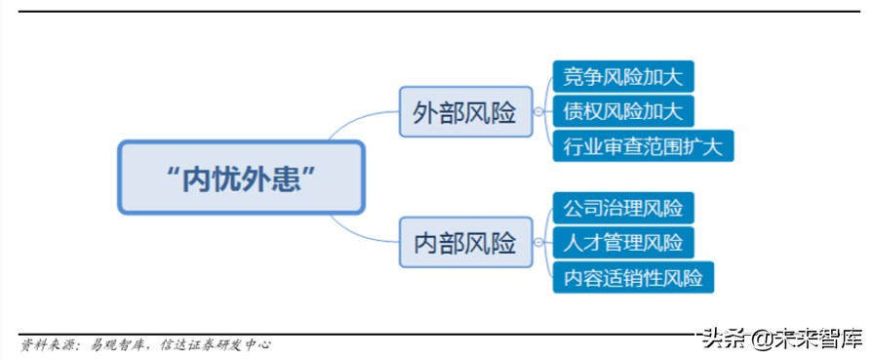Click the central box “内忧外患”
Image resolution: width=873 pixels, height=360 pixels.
pyautogui.click(x=241, y=177)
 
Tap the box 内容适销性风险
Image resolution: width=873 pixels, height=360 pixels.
pyautogui.click(x=632, y=276)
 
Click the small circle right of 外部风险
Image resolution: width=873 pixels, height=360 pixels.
pyautogui.click(x=537, y=112)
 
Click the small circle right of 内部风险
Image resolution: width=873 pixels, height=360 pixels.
pyautogui.click(x=537, y=242)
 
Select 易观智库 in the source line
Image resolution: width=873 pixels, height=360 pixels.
pyautogui.click(x=119, y=344)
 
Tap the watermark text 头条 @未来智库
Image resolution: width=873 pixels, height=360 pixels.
pyautogui.click(x=780, y=339)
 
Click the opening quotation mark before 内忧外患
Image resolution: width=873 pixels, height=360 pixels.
pyautogui.click(x=173, y=173)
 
